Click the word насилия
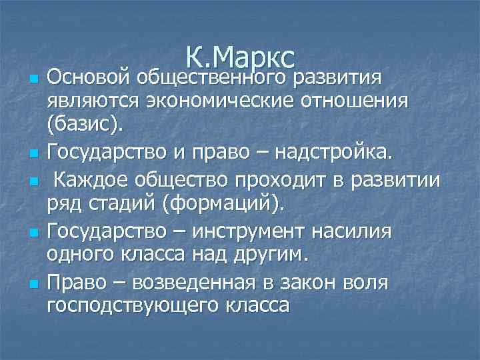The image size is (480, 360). click(x=354, y=231)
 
